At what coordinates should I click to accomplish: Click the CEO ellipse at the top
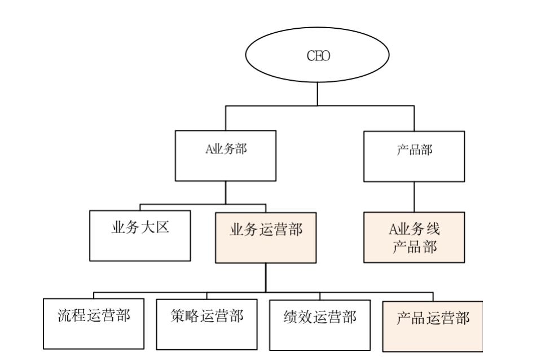[317, 56]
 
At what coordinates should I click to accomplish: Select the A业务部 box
[226, 156]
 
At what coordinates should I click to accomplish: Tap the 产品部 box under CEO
[414, 156]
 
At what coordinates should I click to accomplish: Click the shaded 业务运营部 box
[266, 238]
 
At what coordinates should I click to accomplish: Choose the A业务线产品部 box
[414, 238]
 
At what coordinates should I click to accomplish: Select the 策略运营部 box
[206, 323]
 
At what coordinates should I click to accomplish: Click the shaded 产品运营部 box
[432, 326]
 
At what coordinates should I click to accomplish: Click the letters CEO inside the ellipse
[317, 56]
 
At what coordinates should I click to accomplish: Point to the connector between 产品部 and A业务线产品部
[414, 197]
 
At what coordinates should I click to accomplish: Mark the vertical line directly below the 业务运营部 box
[266, 277]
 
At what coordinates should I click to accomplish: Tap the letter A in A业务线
[394, 230]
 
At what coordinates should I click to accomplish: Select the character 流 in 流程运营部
[64, 315]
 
